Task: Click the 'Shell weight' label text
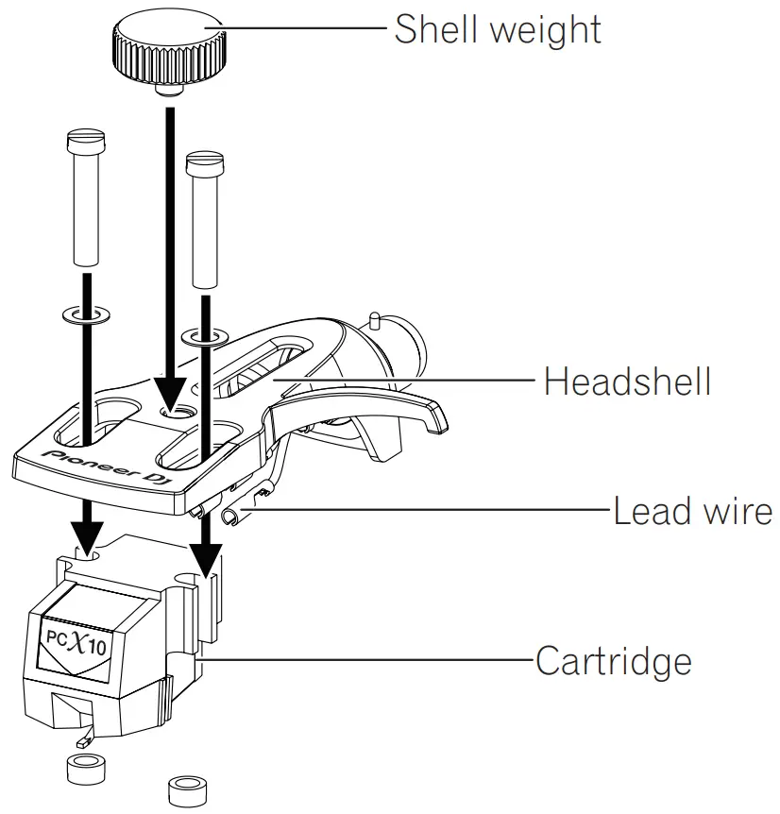(497, 29)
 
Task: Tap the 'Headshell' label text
(627, 382)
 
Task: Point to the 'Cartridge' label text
(613, 660)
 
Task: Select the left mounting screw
(83, 198)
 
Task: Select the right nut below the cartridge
(186, 789)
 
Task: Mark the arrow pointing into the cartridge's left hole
(88, 529)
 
